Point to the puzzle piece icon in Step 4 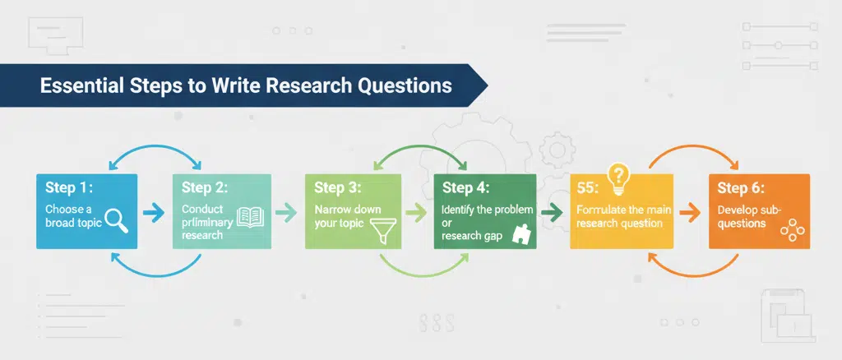point(520,235)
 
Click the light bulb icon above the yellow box point(617,175)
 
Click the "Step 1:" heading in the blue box point(68,188)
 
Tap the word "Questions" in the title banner point(410,85)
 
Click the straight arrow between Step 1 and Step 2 point(154,213)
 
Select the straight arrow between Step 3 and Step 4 point(417,213)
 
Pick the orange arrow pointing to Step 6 point(693,213)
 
